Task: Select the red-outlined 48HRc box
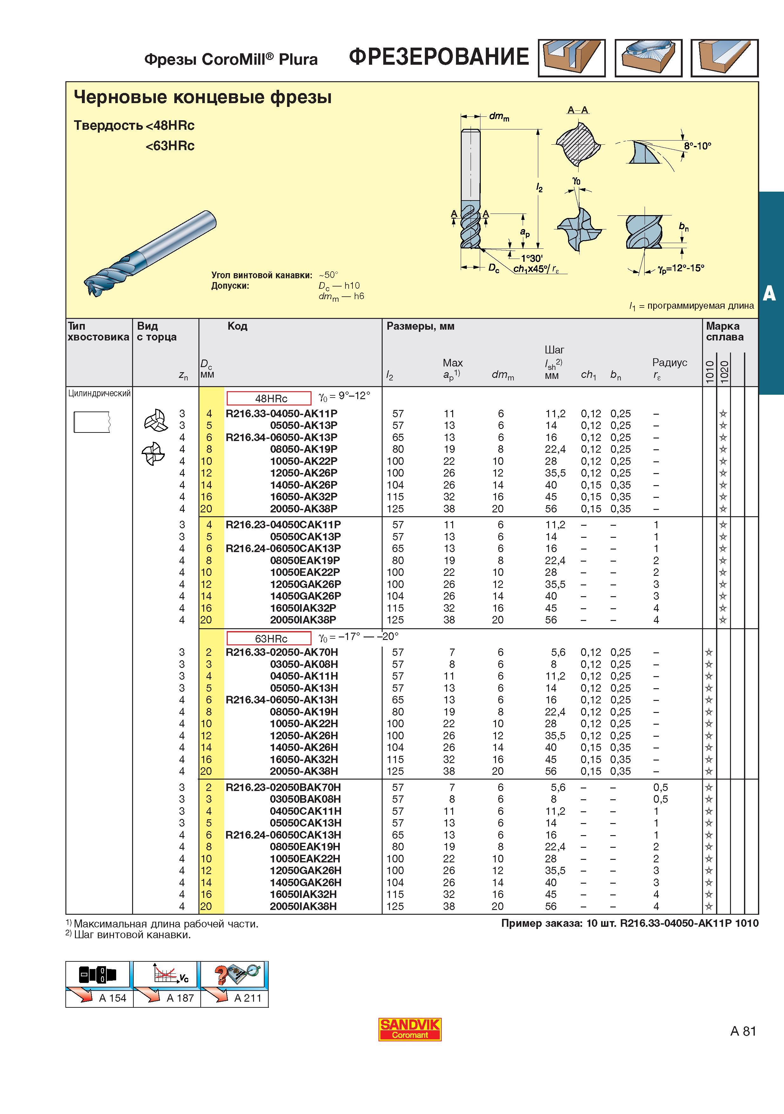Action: [269, 398]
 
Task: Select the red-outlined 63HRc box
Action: [269, 638]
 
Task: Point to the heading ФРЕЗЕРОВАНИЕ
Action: [439, 57]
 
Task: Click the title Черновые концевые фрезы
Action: [203, 97]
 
